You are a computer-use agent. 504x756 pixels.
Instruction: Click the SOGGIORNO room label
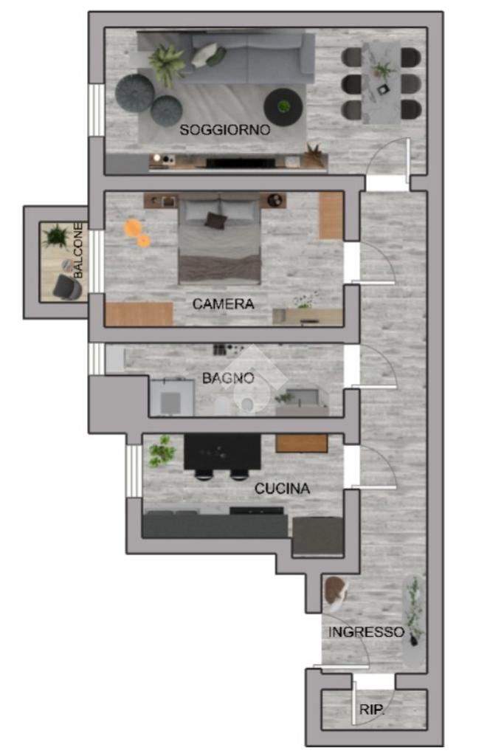pyautogui.click(x=224, y=130)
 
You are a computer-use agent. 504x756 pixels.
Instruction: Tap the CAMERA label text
pyautogui.click(x=223, y=303)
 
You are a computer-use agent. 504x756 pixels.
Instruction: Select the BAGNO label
pyautogui.click(x=228, y=378)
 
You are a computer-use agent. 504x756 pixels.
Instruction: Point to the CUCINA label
pyautogui.click(x=282, y=489)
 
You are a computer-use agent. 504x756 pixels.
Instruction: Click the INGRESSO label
pyautogui.click(x=366, y=632)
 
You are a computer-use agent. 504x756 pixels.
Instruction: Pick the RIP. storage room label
pyautogui.click(x=372, y=709)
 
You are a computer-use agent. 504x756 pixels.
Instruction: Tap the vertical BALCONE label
pyautogui.click(x=78, y=250)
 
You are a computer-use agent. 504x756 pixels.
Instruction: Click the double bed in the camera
pyautogui.click(x=220, y=240)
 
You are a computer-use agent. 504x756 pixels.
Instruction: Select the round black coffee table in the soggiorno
pyautogui.click(x=283, y=107)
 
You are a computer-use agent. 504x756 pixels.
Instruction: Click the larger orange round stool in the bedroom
pyautogui.click(x=132, y=227)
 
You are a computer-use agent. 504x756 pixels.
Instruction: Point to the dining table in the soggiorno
pyautogui.click(x=381, y=83)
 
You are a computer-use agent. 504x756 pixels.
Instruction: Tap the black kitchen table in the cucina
pyautogui.click(x=223, y=452)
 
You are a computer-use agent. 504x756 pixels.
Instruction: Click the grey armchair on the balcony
pyautogui.click(x=67, y=286)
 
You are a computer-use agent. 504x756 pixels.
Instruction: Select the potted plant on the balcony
pyautogui.click(x=56, y=236)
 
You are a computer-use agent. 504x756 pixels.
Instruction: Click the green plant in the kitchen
pyautogui.click(x=162, y=452)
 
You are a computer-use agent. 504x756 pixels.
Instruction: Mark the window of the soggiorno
pyautogui.click(x=97, y=110)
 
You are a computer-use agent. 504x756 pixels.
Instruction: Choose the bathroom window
pyautogui.click(x=97, y=359)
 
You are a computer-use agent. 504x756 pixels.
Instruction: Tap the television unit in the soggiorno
pyautogui.click(x=238, y=162)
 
